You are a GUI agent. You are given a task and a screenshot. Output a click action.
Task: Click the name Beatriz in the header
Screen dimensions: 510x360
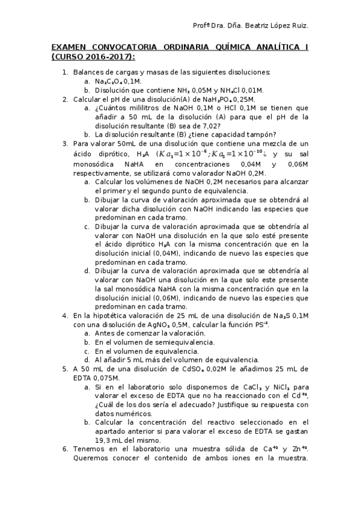tap(255, 26)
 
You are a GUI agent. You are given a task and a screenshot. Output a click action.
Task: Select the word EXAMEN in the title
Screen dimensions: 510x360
tap(69, 47)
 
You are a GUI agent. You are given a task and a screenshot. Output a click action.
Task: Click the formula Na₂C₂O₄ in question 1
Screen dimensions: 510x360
tap(109, 81)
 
